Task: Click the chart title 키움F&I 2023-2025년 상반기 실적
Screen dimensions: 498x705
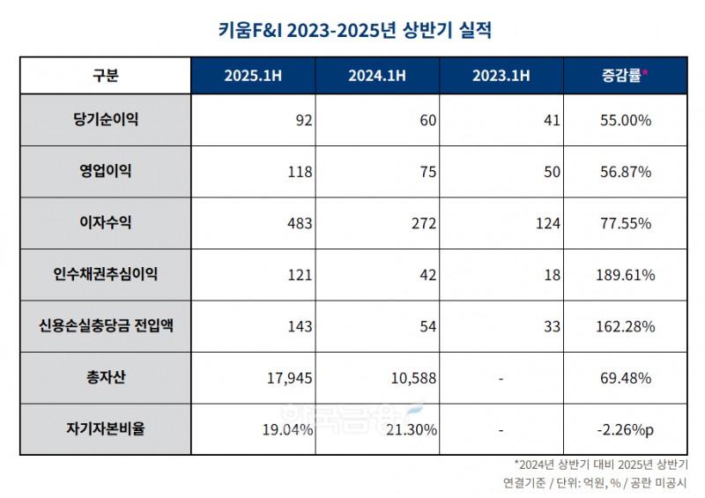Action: coord(352,32)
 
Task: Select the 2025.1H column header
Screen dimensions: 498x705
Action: coord(253,75)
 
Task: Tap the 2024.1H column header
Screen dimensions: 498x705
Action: coord(377,75)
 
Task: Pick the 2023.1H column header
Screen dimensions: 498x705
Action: coord(501,75)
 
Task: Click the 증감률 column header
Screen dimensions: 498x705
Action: coord(624,75)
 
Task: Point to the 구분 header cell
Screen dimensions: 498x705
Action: coord(105,75)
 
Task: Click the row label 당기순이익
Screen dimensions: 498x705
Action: coord(105,120)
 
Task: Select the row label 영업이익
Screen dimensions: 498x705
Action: coord(105,171)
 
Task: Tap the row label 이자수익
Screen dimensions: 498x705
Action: coord(105,223)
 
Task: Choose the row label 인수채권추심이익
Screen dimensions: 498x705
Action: coord(105,275)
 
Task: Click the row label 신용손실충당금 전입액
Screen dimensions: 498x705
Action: coord(105,326)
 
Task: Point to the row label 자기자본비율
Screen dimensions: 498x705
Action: coord(105,429)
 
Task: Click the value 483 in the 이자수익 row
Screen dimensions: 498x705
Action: coord(300,224)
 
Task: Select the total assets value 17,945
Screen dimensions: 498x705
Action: coord(289,378)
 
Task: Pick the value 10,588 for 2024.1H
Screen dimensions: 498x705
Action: coord(412,378)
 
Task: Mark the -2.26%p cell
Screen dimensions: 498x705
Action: coord(624,430)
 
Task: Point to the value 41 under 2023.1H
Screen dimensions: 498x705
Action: coord(552,120)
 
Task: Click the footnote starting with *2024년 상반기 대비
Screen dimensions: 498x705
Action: coord(600,465)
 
